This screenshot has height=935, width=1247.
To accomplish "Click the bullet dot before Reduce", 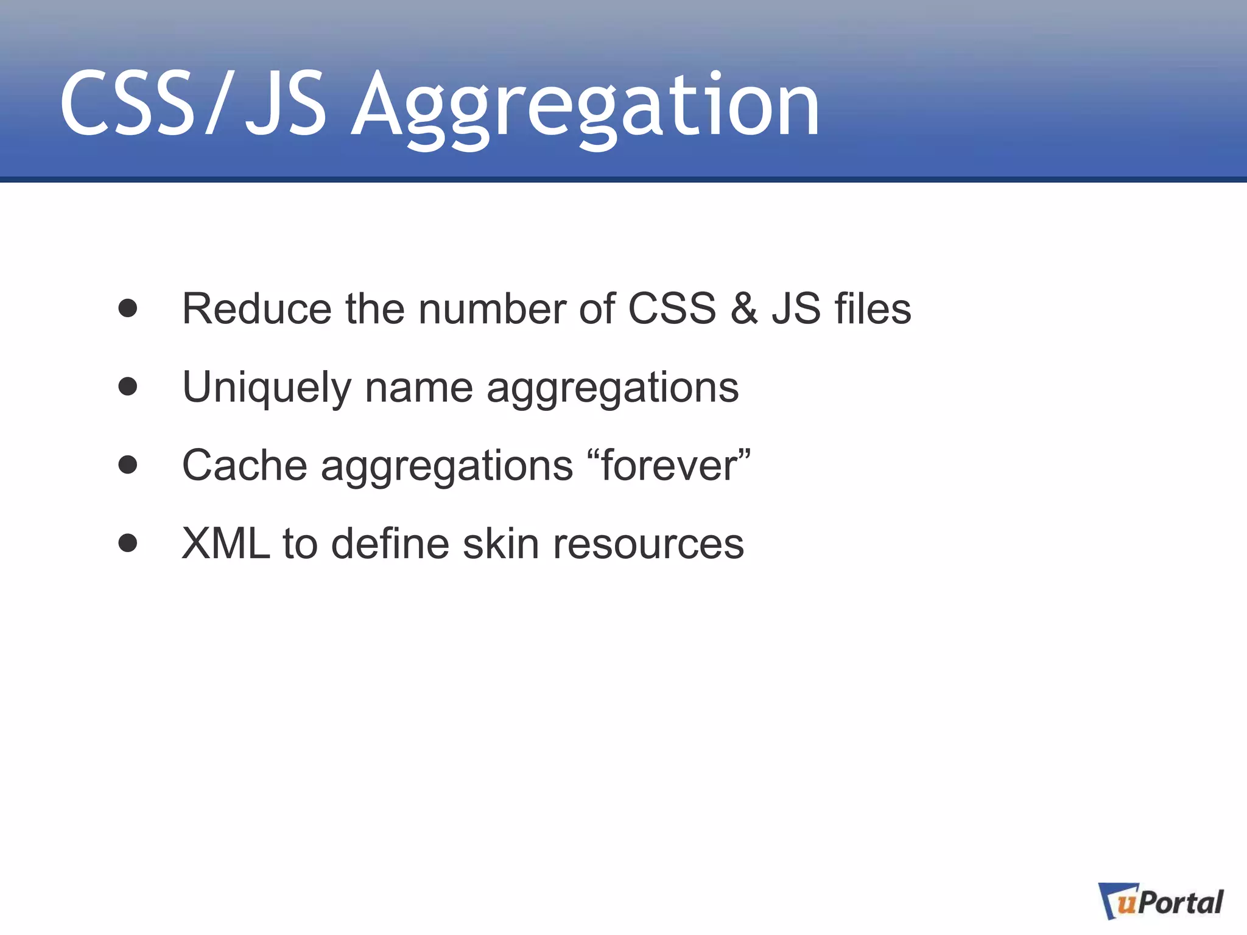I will [x=128, y=308].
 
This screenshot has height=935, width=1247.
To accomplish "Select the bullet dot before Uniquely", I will [x=128, y=387].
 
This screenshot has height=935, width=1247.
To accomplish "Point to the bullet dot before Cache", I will [x=128, y=464].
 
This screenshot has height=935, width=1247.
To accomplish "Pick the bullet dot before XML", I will [x=128, y=542].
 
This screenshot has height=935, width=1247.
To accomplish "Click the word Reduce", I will [x=256, y=309].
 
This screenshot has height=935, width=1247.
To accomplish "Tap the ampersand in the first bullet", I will [x=743, y=309].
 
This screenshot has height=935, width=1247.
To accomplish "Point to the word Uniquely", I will [x=267, y=388].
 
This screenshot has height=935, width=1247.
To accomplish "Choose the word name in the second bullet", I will [x=419, y=388].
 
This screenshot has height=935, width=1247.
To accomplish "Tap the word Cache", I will [x=244, y=466].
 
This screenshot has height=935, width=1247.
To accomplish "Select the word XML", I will [x=226, y=544].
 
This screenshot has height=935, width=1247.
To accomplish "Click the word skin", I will [x=501, y=544].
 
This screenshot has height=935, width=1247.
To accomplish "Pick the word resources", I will [x=648, y=544].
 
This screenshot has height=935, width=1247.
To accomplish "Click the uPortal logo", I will [x=1161, y=902].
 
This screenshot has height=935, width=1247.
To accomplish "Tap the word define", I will [x=390, y=544].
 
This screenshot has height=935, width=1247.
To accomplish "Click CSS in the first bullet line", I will [x=671, y=309].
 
